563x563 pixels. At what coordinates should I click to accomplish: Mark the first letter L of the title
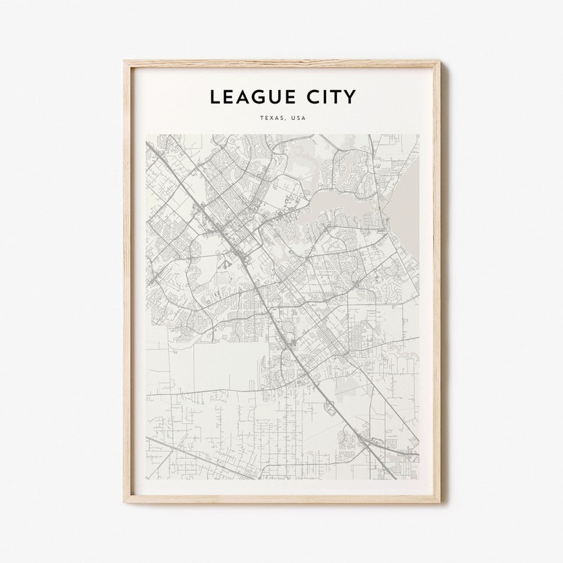(213, 97)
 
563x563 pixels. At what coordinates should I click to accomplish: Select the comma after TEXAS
(286, 120)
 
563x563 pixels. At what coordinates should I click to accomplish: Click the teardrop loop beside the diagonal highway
(330, 407)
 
